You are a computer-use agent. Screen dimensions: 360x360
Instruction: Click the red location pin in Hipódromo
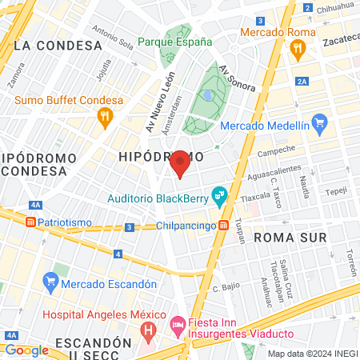(x=180, y=163)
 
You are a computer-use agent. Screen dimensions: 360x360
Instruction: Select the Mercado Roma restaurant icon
(x=298, y=49)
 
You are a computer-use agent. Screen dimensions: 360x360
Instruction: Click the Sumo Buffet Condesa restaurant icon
(x=104, y=117)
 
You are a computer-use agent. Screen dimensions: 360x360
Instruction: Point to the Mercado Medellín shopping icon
(x=321, y=123)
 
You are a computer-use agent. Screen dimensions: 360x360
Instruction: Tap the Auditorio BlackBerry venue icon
(x=218, y=195)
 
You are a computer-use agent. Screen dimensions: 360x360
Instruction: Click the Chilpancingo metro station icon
(x=225, y=226)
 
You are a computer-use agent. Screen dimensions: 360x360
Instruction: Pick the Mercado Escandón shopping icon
(x=51, y=281)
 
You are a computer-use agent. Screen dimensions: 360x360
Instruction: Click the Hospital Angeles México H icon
(x=146, y=329)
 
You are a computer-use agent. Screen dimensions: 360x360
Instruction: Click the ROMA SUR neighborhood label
(x=290, y=238)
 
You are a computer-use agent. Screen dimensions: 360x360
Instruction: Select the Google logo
(x=26, y=350)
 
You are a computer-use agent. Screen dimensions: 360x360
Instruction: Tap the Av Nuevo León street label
(x=158, y=110)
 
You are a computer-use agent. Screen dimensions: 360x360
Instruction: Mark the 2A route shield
(x=302, y=81)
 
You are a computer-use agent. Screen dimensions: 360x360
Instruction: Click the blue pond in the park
(x=208, y=95)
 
